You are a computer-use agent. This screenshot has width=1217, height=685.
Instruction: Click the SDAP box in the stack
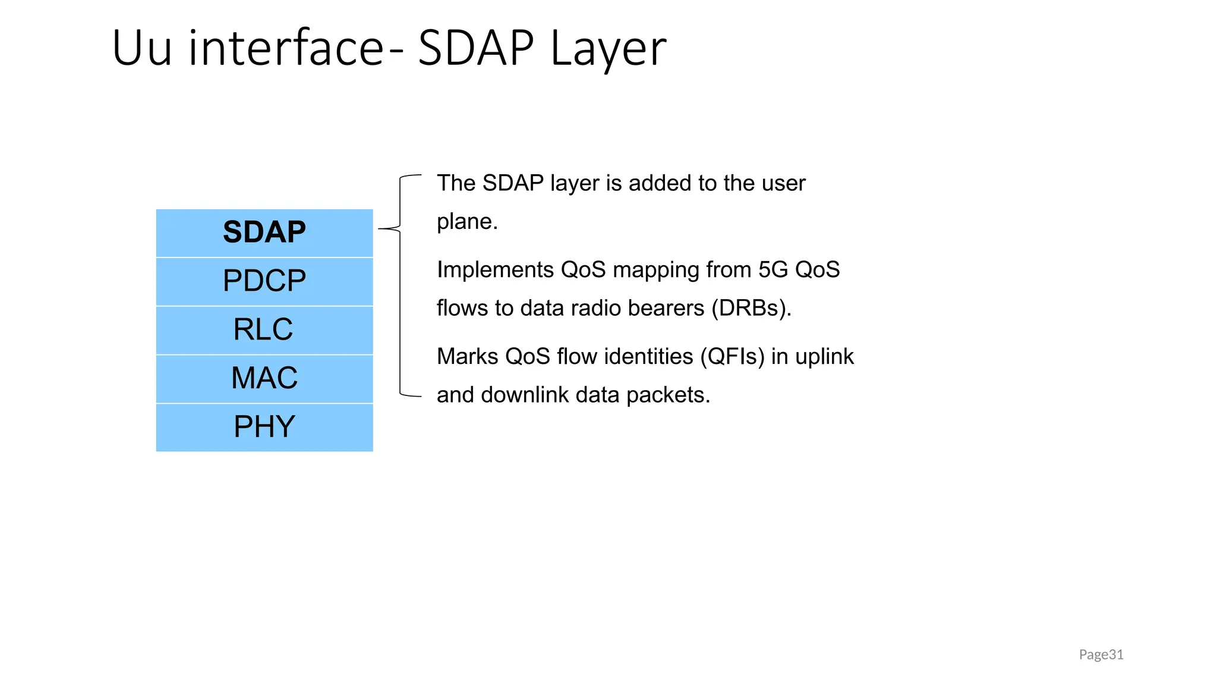click(264, 232)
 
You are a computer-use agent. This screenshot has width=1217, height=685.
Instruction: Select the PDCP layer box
click(264, 281)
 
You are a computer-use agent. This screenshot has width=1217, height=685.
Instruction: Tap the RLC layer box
click(264, 330)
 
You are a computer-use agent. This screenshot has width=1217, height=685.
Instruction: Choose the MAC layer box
click(264, 379)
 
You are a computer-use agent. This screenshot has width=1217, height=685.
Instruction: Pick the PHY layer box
click(264, 427)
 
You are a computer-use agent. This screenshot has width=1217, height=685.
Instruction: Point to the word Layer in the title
click(608, 49)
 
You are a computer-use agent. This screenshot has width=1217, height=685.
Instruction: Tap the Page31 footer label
click(1101, 655)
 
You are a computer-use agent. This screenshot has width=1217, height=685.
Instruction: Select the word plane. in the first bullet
click(467, 222)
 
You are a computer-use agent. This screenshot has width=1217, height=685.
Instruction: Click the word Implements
click(495, 270)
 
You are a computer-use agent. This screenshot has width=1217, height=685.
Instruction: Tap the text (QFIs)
click(732, 357)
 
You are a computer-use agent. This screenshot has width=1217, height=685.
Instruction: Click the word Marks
click(467, 357)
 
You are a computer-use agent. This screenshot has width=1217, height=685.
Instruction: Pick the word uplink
click(824, 357)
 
